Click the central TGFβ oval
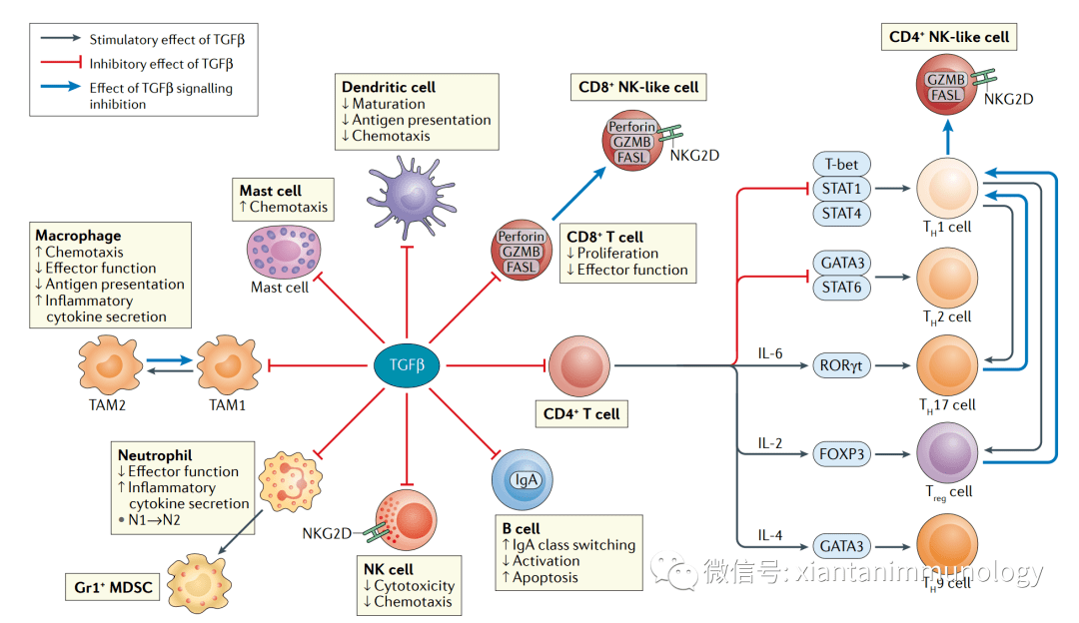pyautogui.click(x=406, y=365)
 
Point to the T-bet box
pyautogui.click(x=841, y=165)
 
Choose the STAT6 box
pyautogui.click(x=841, y=288)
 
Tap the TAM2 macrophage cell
pyautogui.click(x=109, y=365)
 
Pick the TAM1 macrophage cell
pyautogui.click(x=228, y=365)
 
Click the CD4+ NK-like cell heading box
pyautogui.click(x=949, y=38)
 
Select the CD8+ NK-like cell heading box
pyautogui.click(x=638, y=87)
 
